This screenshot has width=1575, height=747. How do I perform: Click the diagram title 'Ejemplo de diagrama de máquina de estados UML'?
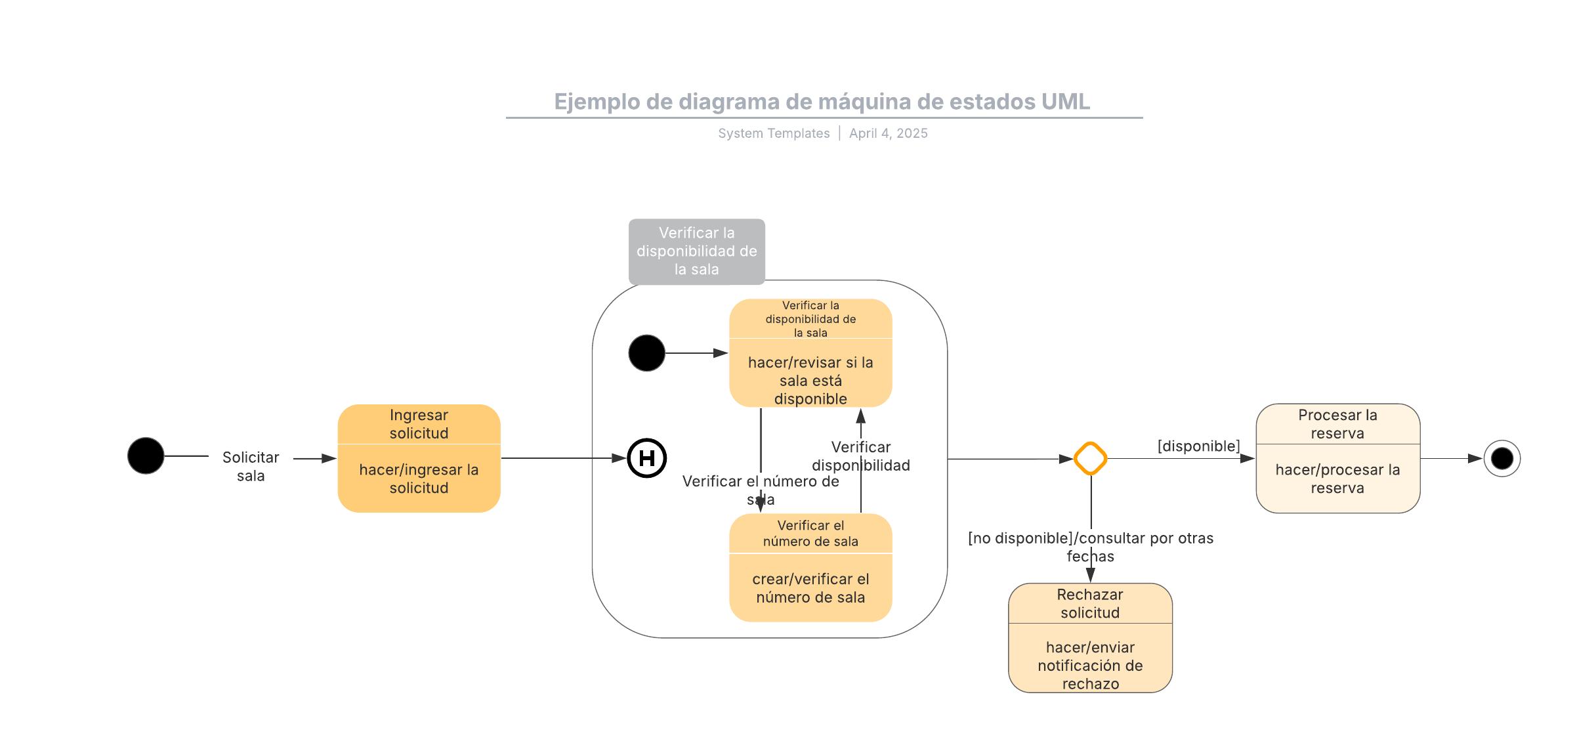click(822, 102)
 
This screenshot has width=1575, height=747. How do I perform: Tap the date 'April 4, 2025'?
click(889, 133)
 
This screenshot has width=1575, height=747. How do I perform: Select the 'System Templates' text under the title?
click(774, 133)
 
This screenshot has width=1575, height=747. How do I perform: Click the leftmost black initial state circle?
click(146, 456)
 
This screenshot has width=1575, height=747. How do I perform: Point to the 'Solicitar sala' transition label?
click(251, 466)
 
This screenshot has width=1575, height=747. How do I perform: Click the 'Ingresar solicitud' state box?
click(419, 458)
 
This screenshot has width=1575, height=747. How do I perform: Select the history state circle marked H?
click(647, 458)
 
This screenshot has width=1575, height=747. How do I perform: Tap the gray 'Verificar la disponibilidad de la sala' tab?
click(697, 251)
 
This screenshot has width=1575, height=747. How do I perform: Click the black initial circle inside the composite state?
click(647, 353)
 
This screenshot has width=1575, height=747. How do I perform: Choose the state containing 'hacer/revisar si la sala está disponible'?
click(810, 353)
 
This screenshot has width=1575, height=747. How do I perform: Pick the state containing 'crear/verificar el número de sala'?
click(810, 568)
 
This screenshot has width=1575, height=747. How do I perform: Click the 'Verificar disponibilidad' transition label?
click(861, 456)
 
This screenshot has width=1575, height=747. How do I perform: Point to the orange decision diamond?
click(1091, 458)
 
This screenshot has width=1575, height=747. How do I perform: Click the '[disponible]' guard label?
click(1199, 446)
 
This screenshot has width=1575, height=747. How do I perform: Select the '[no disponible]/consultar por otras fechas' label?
click(1091, 547)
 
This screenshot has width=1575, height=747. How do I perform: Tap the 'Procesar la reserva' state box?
click(1338, 458)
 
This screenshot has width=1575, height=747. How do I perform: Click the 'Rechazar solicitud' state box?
click(1091, 638)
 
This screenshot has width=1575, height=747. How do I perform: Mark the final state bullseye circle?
click(1502, 458)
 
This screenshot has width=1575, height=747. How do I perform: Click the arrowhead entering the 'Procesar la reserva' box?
click(1248, 459)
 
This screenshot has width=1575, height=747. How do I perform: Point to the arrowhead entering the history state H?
click(619, 458)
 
